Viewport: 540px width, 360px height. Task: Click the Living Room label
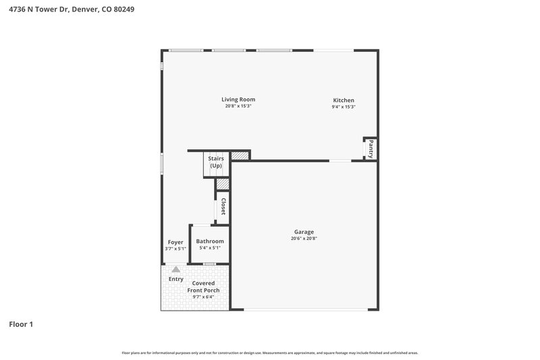point(238,99)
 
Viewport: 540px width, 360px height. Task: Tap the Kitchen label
point(343,100)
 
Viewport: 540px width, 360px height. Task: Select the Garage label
point(303,232)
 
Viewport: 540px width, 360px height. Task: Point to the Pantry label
point(371,149)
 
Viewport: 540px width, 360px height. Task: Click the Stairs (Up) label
point(216,162)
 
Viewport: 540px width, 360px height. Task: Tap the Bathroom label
point(210,241)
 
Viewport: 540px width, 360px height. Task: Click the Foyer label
point(175,242)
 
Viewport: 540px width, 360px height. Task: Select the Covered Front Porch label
point(201,286)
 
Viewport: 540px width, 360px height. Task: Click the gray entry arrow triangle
point(176,269)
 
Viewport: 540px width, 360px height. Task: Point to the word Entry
point(176,278)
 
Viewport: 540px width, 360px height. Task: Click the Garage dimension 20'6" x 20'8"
point(303,238)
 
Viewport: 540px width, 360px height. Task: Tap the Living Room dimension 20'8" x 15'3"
point(238,106)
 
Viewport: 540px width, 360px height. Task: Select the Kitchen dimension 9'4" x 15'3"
point(343,107)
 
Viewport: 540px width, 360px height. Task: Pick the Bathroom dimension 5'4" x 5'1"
point(210,248)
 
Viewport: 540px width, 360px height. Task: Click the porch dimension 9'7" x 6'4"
point(201,297)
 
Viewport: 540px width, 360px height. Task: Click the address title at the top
point(66,10)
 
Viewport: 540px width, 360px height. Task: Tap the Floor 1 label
point(21,324)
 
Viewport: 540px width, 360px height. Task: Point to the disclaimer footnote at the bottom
point(269,353)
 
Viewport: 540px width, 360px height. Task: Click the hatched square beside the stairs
point(240,155)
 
